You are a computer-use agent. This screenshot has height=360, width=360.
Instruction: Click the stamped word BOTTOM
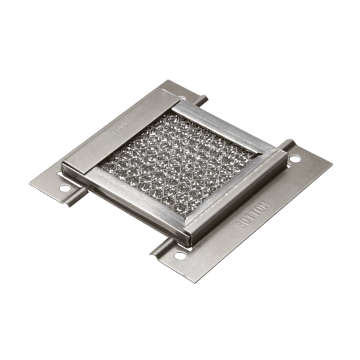point(254,216)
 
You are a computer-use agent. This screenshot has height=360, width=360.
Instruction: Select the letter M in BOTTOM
point(266,207)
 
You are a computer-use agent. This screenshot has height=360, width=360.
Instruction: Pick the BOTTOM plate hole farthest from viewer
point(295,158)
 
